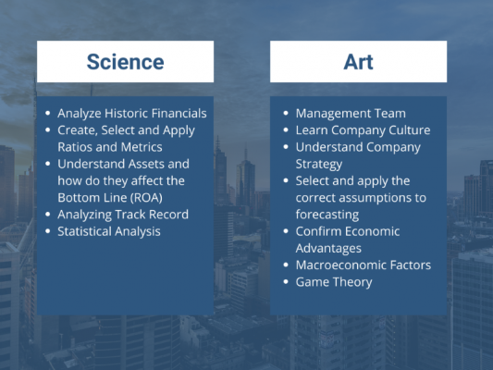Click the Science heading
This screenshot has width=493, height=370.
coord(125,62)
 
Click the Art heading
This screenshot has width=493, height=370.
coord(358,62)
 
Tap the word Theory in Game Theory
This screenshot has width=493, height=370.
coord(353,281)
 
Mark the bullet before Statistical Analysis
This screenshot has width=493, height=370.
coord(49,231)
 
